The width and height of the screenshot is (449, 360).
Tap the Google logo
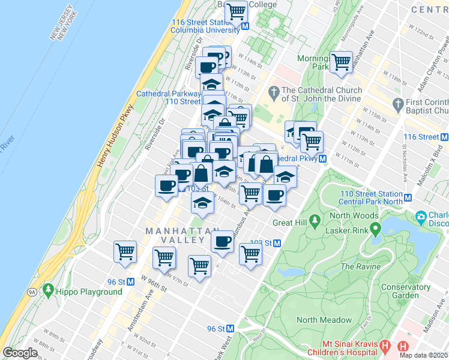(20, 353)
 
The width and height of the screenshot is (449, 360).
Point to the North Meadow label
(324, 320)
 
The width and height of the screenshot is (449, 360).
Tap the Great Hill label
(291, 223)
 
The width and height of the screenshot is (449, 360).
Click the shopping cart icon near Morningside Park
(342, 61)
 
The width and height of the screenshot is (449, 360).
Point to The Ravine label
(361, 266)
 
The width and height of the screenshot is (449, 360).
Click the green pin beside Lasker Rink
(375, 228)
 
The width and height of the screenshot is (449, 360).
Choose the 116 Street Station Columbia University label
(205, 26)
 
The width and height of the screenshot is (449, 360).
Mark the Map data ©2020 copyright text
(424, 355)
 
